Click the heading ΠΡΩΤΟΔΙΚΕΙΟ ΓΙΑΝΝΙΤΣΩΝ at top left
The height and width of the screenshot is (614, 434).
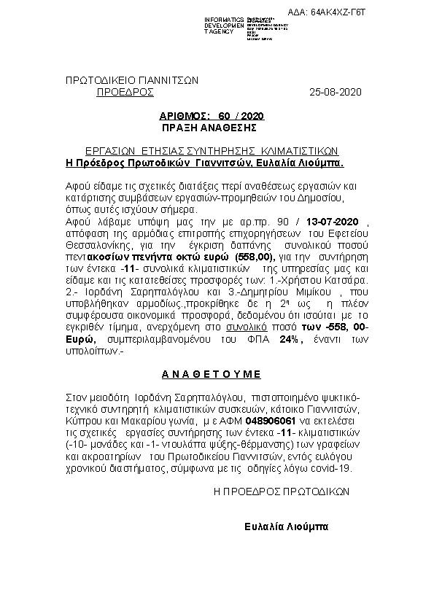point(132,80)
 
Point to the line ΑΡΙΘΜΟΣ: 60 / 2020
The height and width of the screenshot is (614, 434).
point(212,116)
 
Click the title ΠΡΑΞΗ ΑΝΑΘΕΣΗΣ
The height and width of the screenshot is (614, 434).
point(212,126)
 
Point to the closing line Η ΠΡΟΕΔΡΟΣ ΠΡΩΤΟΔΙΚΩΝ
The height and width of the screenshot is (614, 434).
point(281,493)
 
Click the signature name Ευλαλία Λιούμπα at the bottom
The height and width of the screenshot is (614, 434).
point(287,526)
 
